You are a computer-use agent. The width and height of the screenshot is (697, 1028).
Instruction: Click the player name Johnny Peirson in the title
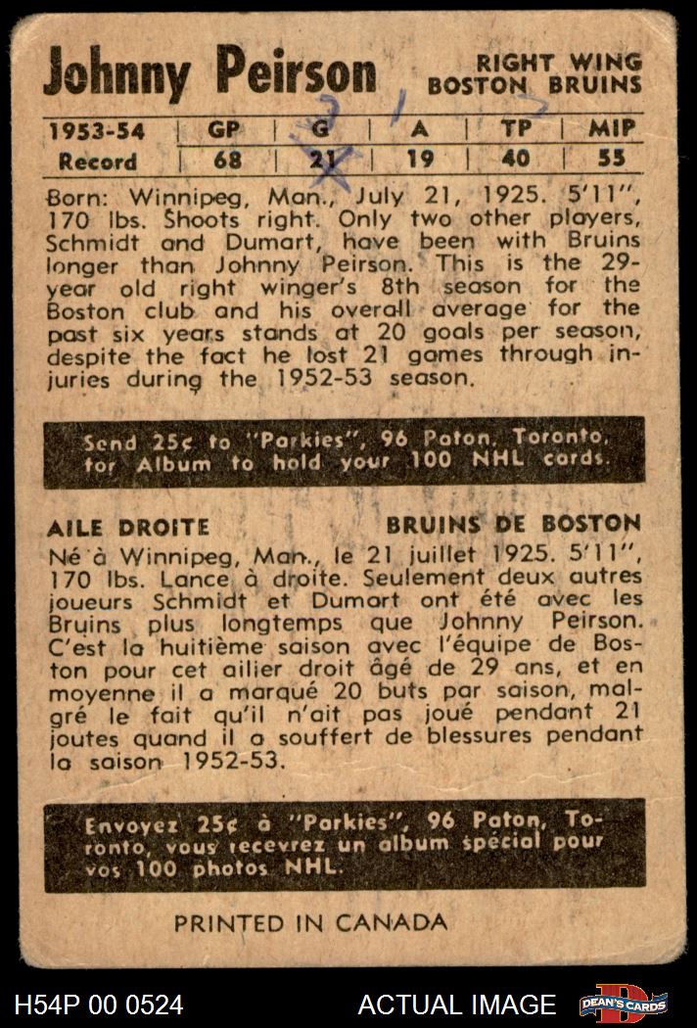pyautogui.click(x=209, y=75)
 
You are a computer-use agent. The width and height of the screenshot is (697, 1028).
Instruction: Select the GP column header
pyautogui.click(x=225, y=129)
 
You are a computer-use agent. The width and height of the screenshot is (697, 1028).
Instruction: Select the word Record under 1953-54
pyautogui.click(x=97, y=162)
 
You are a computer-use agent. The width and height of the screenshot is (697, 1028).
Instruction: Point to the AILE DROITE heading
pyautogui.click(x=128, y=528)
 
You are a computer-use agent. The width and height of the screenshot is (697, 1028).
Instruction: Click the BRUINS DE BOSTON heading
pyautogui.click(x=513, y=524)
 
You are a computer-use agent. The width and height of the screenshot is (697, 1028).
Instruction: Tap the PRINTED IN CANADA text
pyautogui.click(x=310, y=922)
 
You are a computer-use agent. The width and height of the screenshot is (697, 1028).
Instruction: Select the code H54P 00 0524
pyautogui.click(x=99, y=1005)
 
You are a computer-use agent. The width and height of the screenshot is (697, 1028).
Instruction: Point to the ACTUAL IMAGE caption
pyautogui.click(x=456, y=1005)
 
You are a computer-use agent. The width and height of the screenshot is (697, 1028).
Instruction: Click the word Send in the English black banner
pyautogui.click(x=110, y=442)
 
